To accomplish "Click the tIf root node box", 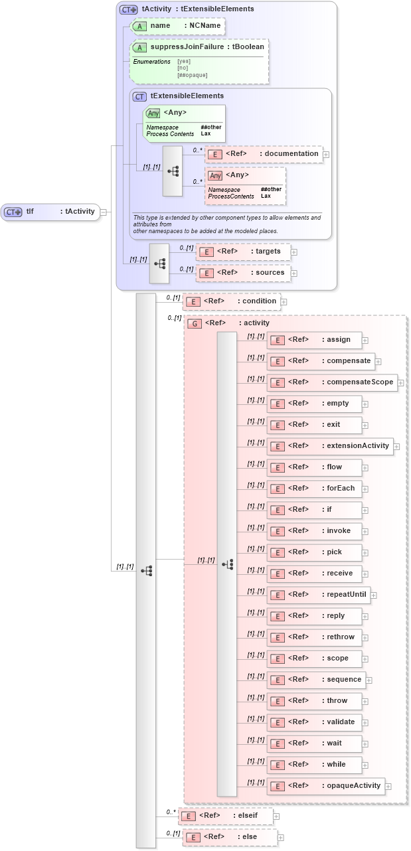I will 50,212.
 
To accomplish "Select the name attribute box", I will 177,26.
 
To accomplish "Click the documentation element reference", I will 264,154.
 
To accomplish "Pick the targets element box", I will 243,252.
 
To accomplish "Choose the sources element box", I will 243,273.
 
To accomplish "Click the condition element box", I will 231,301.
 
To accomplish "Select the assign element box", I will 314,340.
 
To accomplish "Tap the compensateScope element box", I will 332,382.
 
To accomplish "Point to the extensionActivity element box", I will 330,446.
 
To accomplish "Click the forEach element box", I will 314,489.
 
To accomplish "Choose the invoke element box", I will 314,531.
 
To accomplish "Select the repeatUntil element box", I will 318,595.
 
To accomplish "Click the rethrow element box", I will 314,637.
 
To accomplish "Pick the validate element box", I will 314,722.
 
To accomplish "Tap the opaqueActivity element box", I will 325,786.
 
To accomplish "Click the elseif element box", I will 225,816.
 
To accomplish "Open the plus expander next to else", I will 281,838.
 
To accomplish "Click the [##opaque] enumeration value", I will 192,75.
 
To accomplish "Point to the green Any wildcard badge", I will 153,114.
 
